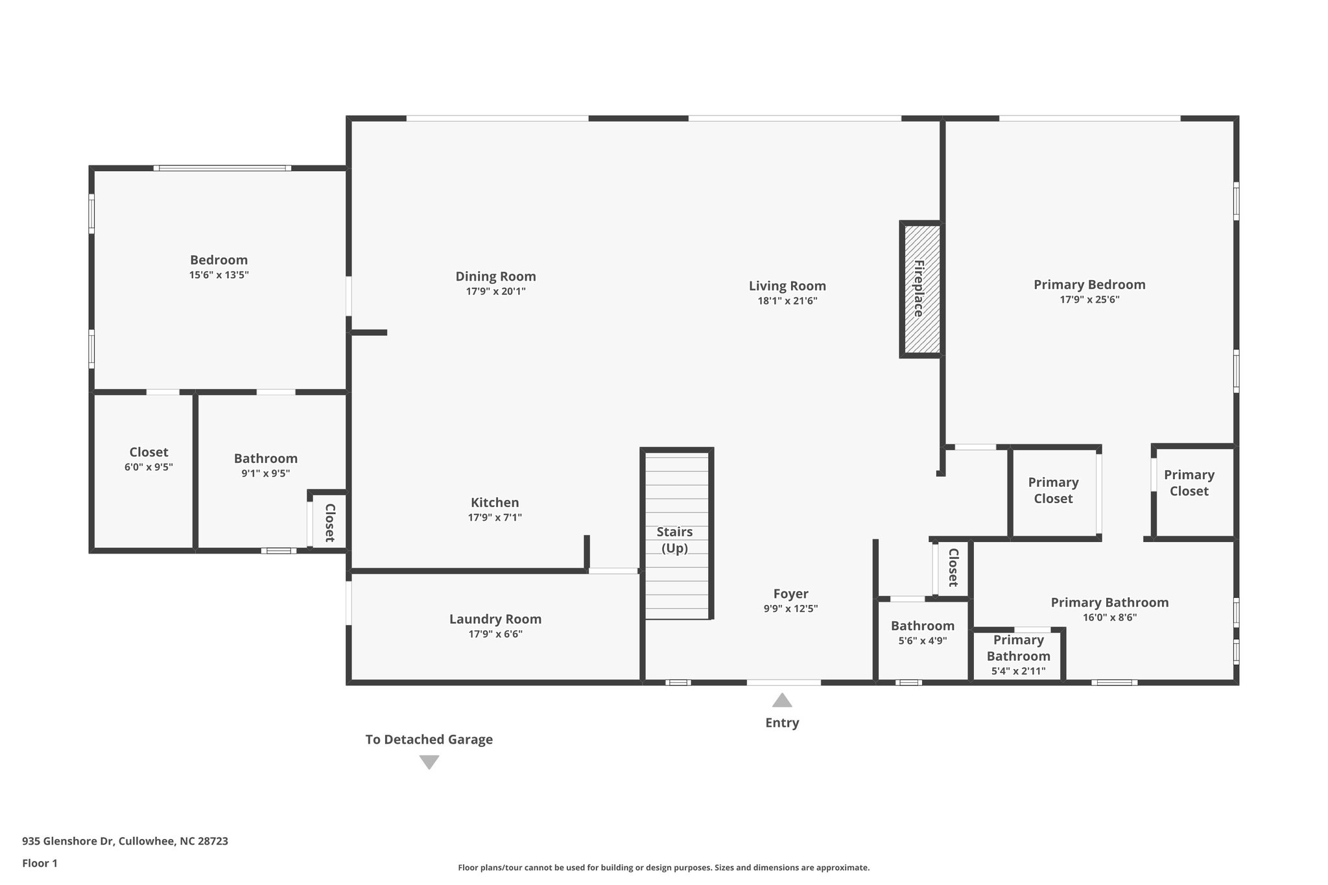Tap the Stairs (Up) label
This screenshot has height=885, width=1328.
point(674,539)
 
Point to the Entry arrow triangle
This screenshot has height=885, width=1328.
point(782,700)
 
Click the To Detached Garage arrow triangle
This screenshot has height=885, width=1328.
point(429,762)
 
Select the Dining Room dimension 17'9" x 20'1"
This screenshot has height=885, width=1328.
point(495,292)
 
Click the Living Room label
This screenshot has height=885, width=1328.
point(787,286)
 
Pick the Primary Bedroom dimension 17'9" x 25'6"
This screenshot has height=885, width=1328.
point(1089,300)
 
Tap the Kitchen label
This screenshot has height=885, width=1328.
point(495,502)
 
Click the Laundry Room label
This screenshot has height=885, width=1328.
point(495,619)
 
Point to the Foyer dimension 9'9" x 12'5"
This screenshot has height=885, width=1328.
point(790,609)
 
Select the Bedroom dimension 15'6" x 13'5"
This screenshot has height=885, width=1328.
point(219,275)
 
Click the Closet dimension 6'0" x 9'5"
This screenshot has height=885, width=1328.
point(148,467)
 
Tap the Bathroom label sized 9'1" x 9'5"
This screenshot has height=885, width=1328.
point(266,458)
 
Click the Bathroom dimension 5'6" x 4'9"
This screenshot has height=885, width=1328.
point(922,641)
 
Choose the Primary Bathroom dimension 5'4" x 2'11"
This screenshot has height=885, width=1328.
point(1018,671)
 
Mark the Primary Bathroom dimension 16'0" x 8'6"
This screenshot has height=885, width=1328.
point(1109,617)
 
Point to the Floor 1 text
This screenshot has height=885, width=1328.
point(40,863)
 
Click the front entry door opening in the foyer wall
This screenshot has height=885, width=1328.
point(783,682)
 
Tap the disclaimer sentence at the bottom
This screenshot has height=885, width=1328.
point(663,867)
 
